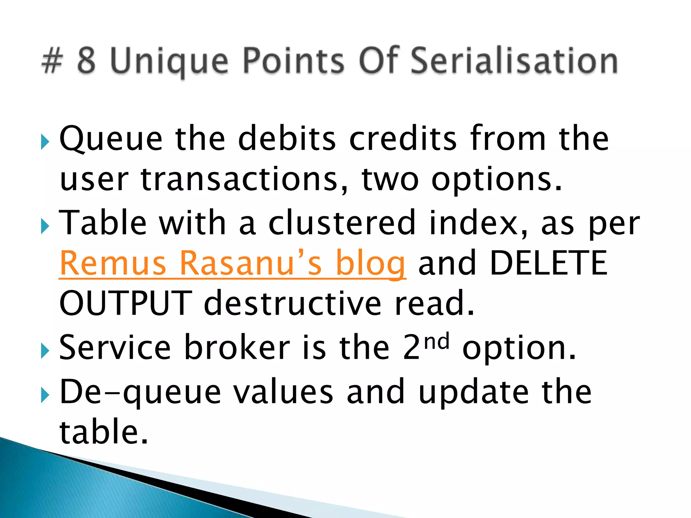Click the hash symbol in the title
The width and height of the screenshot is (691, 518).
point(53,61)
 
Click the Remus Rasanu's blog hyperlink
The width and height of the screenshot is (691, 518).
point(232,263)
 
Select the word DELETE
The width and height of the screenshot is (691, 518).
point(548,263)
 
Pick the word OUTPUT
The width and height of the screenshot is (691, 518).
point(126,303)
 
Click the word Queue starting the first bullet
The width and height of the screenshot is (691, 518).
point(111,139)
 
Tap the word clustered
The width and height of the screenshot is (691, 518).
point(341,223)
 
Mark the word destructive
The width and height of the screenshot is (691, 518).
point(293,303)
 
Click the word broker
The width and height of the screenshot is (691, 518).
point(237,347)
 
